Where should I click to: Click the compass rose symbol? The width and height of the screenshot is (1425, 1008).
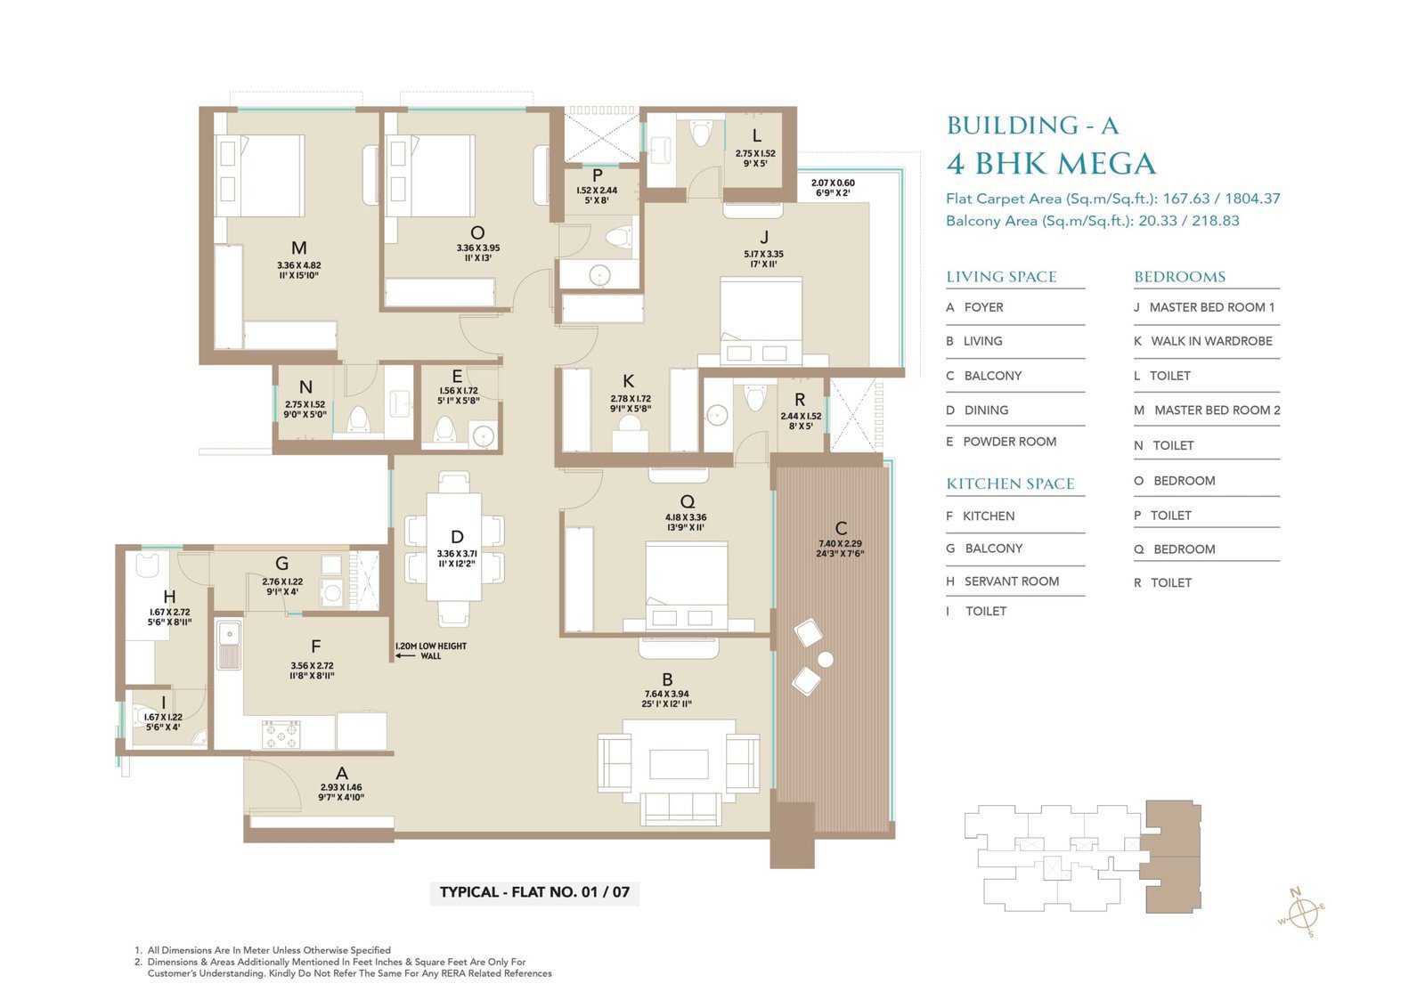[x=1302, y=914]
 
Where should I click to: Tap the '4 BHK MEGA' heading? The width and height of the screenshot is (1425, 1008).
[x=1051, y=164]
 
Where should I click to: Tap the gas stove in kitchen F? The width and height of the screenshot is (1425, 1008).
[x=281, y=734]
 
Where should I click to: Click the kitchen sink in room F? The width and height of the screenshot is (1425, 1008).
[x=228, y=646]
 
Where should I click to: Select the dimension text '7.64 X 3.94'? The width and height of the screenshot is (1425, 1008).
[x=667, y=694]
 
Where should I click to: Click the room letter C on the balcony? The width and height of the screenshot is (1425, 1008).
[x=841, y=528]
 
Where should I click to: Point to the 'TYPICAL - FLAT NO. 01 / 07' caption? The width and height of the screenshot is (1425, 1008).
[x=534, y=891]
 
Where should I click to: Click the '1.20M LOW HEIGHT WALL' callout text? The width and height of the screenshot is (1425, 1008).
[x=431, y=651]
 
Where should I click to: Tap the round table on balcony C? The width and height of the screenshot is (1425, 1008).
[x=825, y=660]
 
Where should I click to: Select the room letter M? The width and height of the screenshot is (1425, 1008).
[x=299, y=248]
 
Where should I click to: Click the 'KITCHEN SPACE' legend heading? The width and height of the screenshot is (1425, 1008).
[x=1010, y=484]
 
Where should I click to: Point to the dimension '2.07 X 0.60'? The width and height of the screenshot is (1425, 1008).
[x=833, y=183]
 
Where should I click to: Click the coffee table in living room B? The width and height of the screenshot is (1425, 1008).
[x=679, y=764]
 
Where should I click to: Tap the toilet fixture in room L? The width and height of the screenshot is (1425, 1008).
[x=701, y=133]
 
